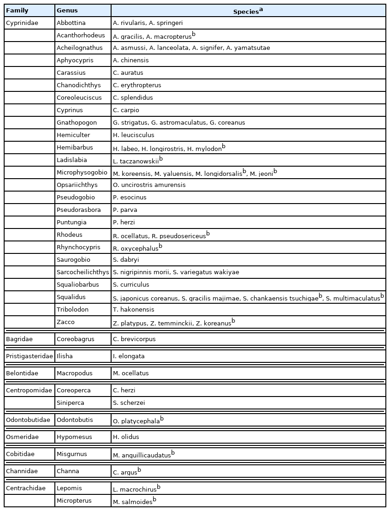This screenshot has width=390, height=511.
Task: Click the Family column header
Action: [x=17, y=11]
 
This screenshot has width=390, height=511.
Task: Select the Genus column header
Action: [x=67, y=11]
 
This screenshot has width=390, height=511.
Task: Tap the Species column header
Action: [x=248, y=11]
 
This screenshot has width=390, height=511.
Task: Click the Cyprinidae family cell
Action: [x=22, y=23]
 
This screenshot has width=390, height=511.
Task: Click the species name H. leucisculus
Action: [x=134, y=135]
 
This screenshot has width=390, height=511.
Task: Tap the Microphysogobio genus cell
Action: [x=82, y=173]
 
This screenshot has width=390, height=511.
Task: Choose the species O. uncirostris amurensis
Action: [x=149, y=185]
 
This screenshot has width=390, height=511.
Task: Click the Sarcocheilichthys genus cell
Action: [x=83, y=272]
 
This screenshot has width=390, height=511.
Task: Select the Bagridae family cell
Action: [x=19, y=339]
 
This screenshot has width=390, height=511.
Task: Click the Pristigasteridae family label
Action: [x=29, y=356]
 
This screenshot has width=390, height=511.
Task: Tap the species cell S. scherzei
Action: [x=129, y=403]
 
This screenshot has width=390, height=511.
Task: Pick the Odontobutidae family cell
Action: [x=28, y=420]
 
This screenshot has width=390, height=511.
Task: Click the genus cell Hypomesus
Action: [x=74, y=437]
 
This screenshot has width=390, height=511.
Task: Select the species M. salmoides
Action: [x=133, y=502]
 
